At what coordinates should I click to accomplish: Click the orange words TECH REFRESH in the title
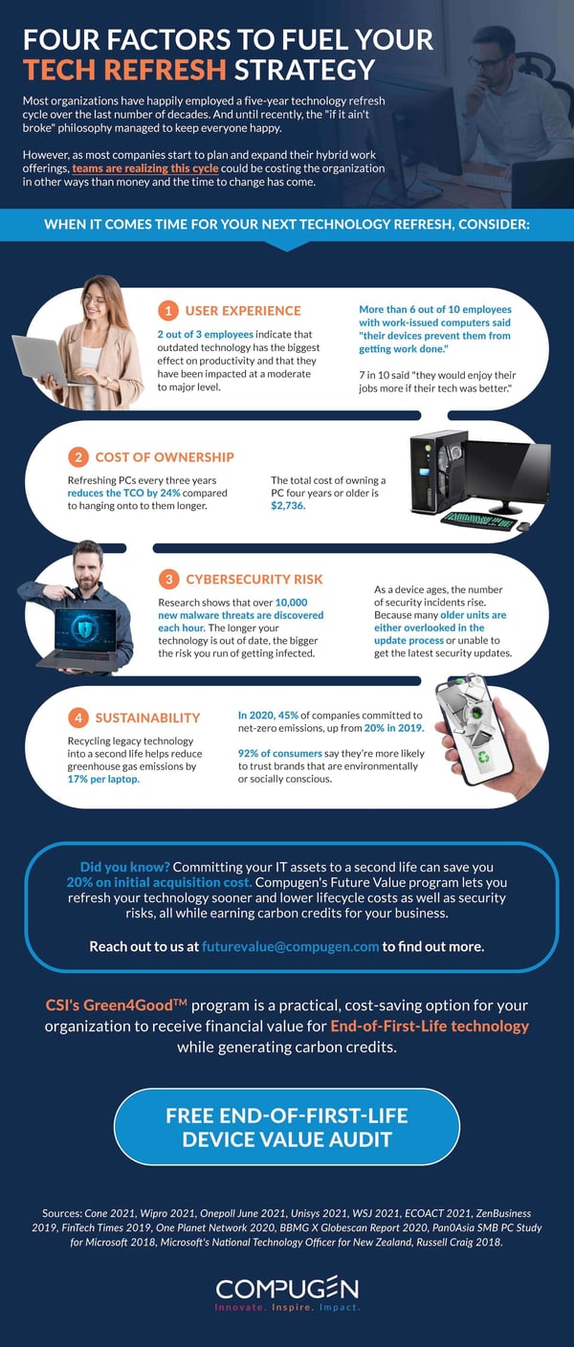pos(124,70)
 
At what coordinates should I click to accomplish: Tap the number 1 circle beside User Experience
pos(168,310)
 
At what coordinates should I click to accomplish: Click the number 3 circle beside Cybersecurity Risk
pos(168,579)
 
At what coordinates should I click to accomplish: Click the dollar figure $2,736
pos(288,505)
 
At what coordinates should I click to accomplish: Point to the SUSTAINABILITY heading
pos(147,718)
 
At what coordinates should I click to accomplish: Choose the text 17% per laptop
pos(104,779)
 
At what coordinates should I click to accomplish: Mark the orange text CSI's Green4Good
pos(117,1005)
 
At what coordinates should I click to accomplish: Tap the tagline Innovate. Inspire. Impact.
pos(287,1307)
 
